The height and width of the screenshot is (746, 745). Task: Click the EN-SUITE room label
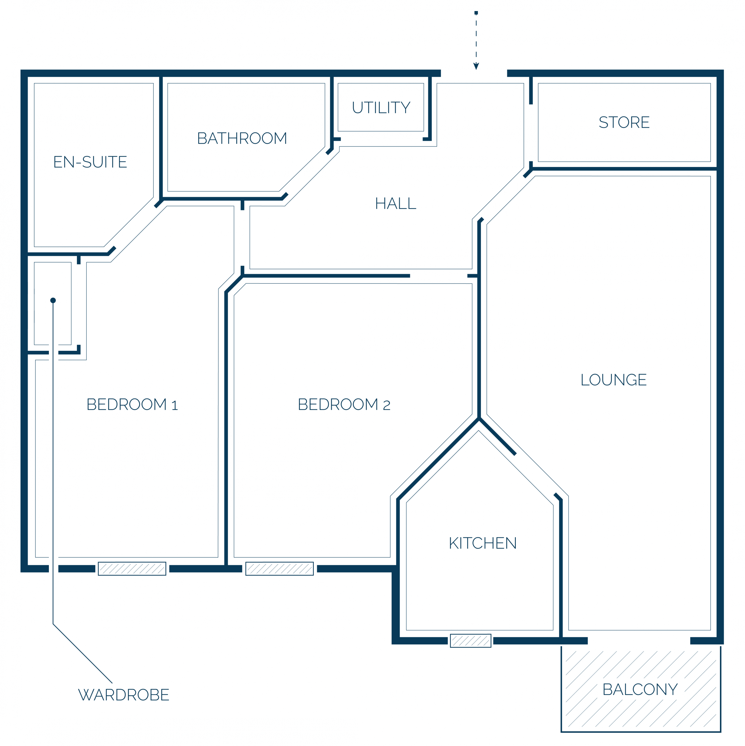pos(90,162)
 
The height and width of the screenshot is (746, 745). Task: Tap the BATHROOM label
pos(242,138)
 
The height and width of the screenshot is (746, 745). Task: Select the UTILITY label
pos(381,107)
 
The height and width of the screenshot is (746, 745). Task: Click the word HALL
pos(396,203)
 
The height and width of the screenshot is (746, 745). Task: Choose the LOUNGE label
pos(614,380)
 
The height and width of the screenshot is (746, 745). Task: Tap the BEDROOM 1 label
pos(132,405)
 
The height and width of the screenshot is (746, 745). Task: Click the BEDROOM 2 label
pos(344,405)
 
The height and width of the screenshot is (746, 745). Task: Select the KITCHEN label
pos(483,543)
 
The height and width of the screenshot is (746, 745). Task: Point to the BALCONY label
pos(640,690)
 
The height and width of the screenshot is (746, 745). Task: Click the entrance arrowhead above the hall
pos(476,66)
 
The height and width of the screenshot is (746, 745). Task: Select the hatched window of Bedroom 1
pos(132,569)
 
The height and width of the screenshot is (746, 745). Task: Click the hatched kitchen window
pos(471,641)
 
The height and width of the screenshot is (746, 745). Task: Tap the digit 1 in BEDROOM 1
pos(175,405)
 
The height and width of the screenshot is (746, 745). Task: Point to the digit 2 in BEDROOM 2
pos(387,405)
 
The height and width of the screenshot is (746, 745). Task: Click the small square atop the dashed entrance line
pos(476,13)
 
